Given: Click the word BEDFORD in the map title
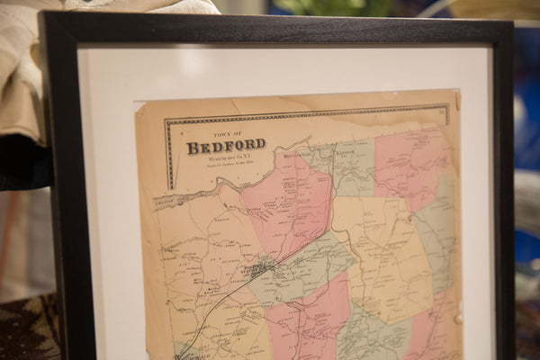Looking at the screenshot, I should point(226,146).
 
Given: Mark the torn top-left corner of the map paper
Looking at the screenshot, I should point(138,103).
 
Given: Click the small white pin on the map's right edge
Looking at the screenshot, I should point(458,318).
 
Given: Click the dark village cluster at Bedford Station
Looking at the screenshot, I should point(257,268).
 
